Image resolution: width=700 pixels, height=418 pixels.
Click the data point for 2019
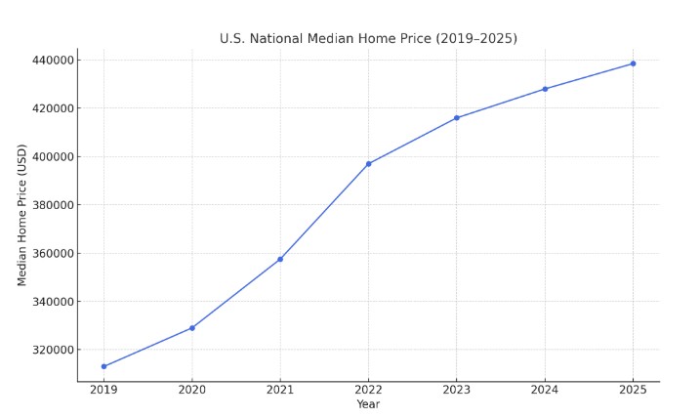click(x=103, y=366)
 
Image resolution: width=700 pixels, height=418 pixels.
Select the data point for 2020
click(x=192, y=328)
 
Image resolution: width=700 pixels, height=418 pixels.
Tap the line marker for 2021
click(x=280, y=259)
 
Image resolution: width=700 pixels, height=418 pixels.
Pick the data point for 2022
click(x=368, y=164)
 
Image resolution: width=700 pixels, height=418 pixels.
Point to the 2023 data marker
click(x=456, y=118)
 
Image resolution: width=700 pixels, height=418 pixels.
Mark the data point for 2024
click(x=545, y=89)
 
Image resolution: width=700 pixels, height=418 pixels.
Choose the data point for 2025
click(x=633, y=63)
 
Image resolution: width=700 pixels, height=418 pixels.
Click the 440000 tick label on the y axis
click(x=51, y=61)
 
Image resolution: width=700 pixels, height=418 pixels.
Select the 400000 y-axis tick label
click(x=51, y=157)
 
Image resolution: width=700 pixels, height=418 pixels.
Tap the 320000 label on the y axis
click(x=51, y=350)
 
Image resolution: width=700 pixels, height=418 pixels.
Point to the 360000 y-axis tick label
click(x=51, y=254)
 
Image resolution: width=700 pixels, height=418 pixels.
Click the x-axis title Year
click(x=368, y=404)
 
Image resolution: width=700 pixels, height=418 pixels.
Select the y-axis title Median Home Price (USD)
click(x=22, y=215)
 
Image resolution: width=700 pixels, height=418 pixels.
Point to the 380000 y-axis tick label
click(x=51, y=205)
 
